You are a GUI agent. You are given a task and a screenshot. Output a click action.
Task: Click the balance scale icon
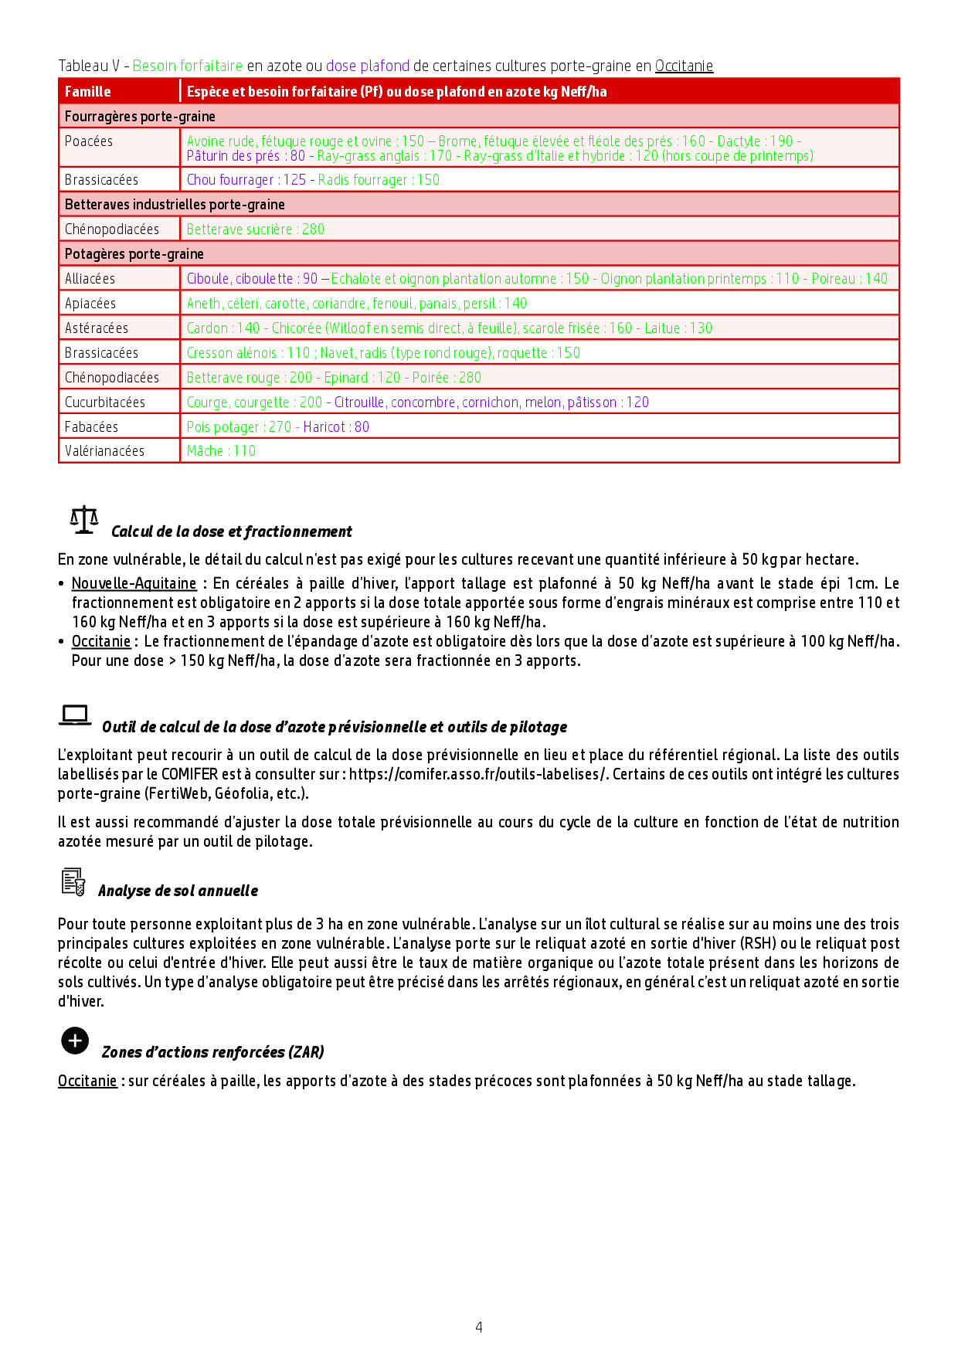pos(84,520)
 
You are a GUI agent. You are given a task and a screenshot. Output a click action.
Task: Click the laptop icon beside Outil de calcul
pos(75,715)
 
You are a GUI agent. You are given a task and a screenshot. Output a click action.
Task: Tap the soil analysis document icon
pos(73,881)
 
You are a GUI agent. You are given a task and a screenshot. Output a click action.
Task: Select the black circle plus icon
pos(75,1041)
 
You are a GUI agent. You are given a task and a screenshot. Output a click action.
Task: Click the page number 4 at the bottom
pos(479,1327)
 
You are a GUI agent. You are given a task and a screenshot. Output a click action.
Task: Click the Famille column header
pos(88,91)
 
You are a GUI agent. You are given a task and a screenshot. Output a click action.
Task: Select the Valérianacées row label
pos(104,451)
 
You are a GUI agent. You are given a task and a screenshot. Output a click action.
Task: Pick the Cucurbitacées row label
pos(104,402)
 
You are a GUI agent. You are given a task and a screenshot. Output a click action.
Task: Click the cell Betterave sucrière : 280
pos(255,229)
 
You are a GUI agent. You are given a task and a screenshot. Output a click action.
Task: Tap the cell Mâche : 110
pos(221,451)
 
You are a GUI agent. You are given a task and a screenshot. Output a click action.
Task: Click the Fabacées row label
pos(91,426)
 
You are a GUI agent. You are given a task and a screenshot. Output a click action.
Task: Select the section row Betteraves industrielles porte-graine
pos(175,205)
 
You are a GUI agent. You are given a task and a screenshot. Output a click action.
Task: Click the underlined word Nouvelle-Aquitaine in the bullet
pos(134,583)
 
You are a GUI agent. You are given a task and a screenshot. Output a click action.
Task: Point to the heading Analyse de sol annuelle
pos(178,891)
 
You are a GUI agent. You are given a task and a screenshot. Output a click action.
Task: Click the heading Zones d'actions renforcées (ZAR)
pos(213,1052)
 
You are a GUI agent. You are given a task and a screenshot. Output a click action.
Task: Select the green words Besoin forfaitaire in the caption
pos(188,66)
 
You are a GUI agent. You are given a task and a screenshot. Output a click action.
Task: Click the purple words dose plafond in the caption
pos(368,66)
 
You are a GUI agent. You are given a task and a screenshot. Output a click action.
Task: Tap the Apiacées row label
pos(90,304)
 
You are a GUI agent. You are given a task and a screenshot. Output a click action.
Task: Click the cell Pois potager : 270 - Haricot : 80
pos(277,426)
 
